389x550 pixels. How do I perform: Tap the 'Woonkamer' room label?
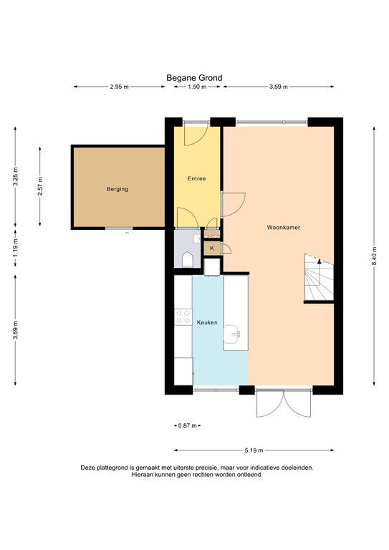tap(283, 227)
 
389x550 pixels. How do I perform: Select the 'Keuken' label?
tap(207, 322)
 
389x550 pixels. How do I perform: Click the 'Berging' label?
tap(117, 189)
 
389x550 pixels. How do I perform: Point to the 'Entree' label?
tap(197, 178)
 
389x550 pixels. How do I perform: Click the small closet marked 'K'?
tap(211, 248)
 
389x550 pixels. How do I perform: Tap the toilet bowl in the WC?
tap(186, 260)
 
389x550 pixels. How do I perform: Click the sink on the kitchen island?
tap(235, 332)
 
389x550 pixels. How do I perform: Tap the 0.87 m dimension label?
tap(187, 426)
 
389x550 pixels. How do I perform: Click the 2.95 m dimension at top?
tap(119, 87)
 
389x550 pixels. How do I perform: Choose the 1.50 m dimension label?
tap(197, 87)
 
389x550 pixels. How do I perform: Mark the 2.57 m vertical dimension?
tap(40, 185)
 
